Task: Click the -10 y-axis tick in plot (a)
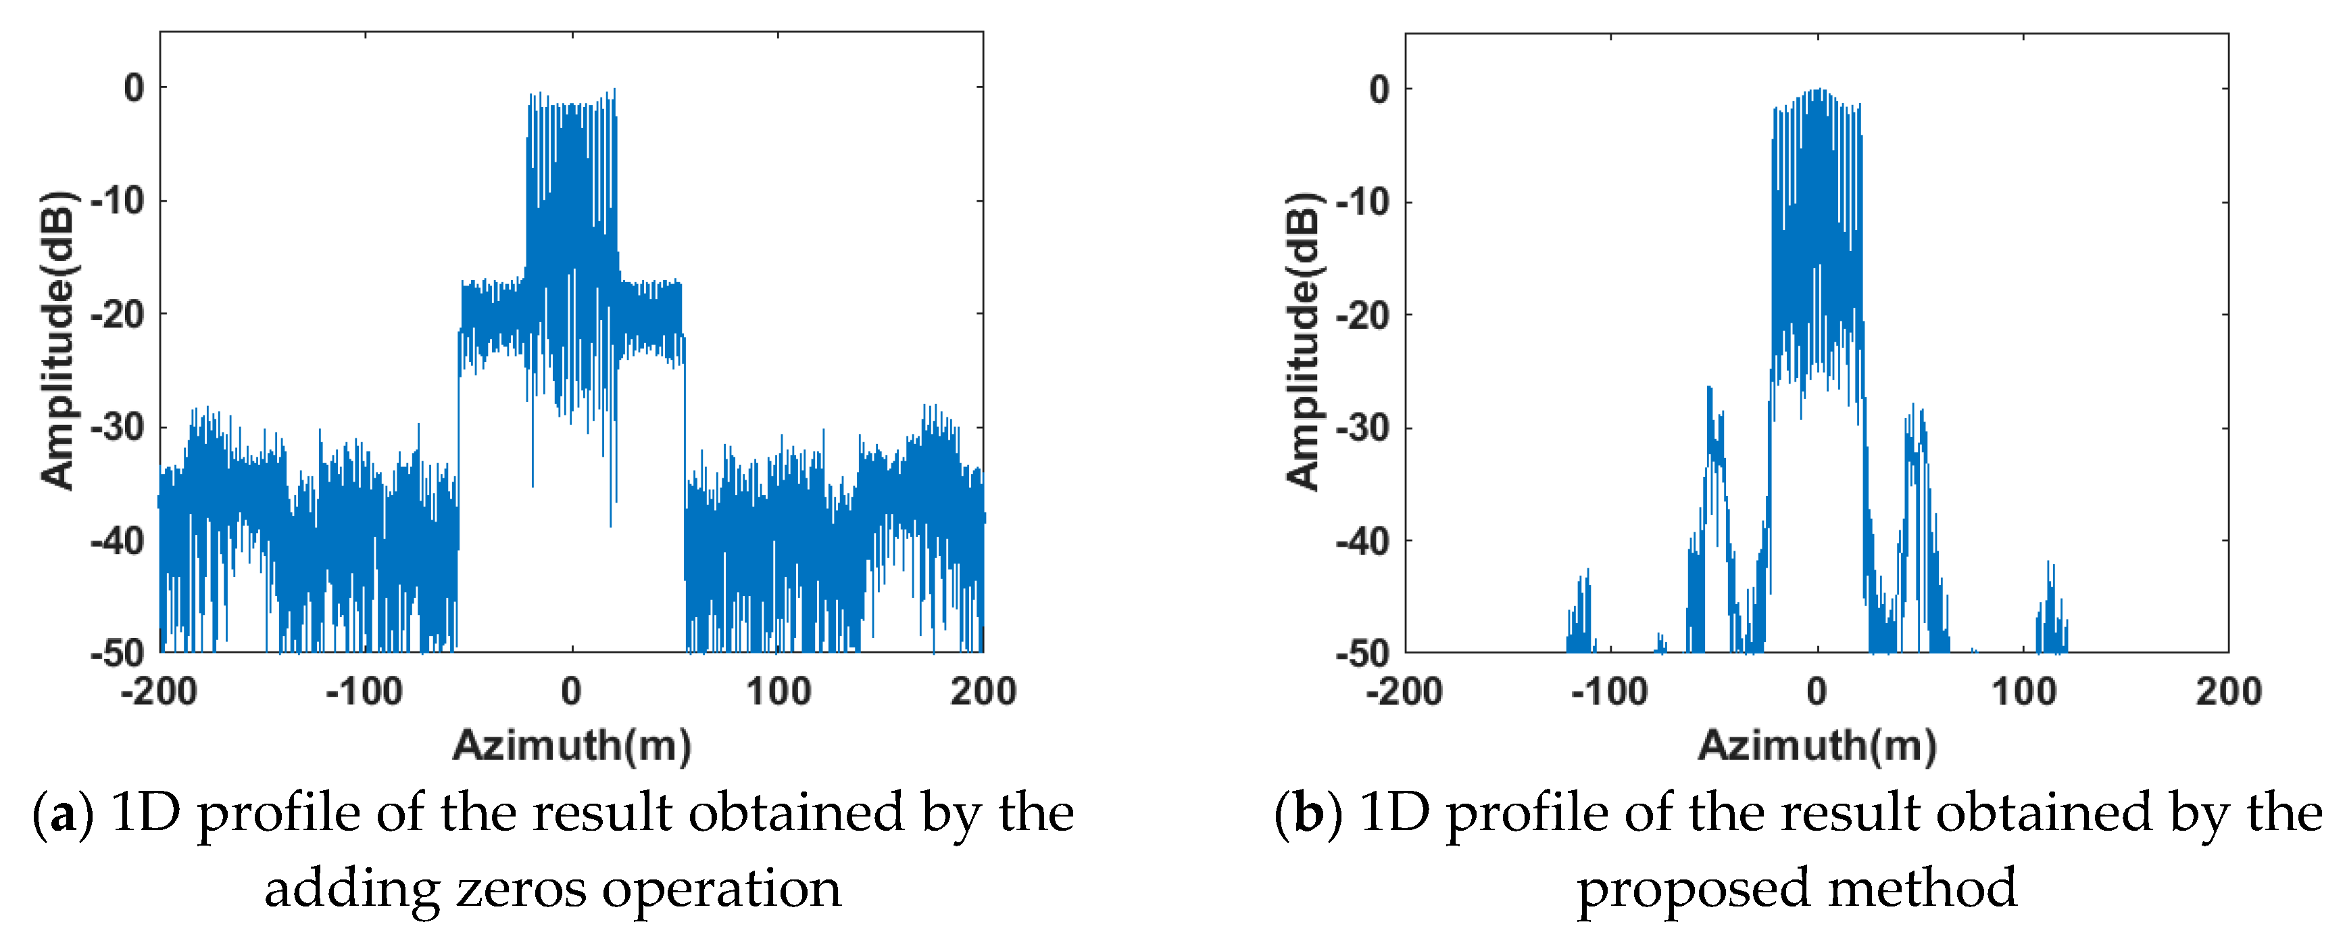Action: (118, 200)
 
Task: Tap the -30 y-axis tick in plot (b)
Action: (1364, 428)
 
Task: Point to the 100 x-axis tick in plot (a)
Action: (779, 691)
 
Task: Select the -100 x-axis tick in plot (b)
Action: (1610, 691)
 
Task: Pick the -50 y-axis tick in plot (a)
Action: (118, 653)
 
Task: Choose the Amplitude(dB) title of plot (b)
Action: (1303, 342)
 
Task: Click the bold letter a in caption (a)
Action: (63, 813)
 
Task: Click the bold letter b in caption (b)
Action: (1308, 813)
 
